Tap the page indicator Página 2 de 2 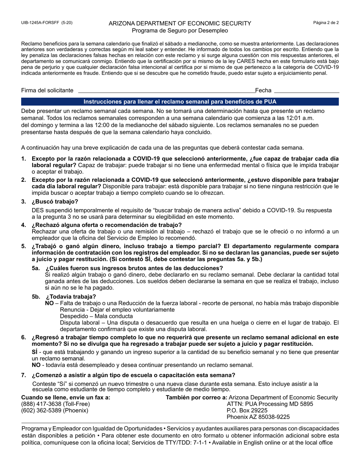[326, 23]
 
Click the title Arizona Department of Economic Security [180, 23]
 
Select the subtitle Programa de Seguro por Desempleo [180, 30]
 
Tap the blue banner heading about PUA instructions [180, 102]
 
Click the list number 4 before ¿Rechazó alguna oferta [23, 225]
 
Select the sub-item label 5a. [36, 268]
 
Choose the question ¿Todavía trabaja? [70, 296]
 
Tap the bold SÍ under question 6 [34, 352]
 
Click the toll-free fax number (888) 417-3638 [56, 404]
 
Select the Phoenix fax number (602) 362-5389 [55, 410]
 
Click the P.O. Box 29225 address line [247, 410]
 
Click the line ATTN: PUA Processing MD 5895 [270, 404]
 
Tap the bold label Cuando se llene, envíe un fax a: [66, 397]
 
